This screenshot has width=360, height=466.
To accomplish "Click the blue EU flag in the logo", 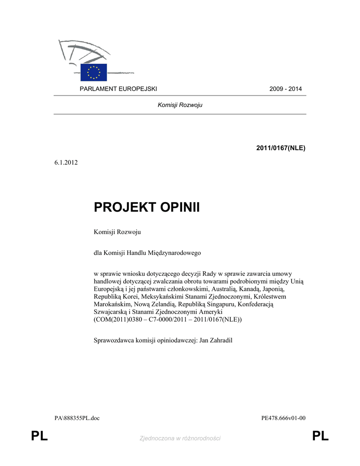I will (x=93, y=72).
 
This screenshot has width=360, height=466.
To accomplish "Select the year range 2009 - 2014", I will (x=286, y=88).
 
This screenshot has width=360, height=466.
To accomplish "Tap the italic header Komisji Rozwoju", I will (x=180, y=105).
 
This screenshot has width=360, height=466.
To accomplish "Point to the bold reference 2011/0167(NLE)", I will (x=281, y=148).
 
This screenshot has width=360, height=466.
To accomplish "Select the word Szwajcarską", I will (x=112, y=312).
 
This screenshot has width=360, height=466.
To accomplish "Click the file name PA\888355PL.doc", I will (x=77, y=418).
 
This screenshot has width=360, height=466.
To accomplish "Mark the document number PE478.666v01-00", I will (x=283, y=418).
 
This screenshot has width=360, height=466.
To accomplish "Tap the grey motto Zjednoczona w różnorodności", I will (x=180, y=438).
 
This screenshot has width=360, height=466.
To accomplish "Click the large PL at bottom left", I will (x=40, y=437).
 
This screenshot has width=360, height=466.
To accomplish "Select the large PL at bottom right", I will (x=320, y=437).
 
